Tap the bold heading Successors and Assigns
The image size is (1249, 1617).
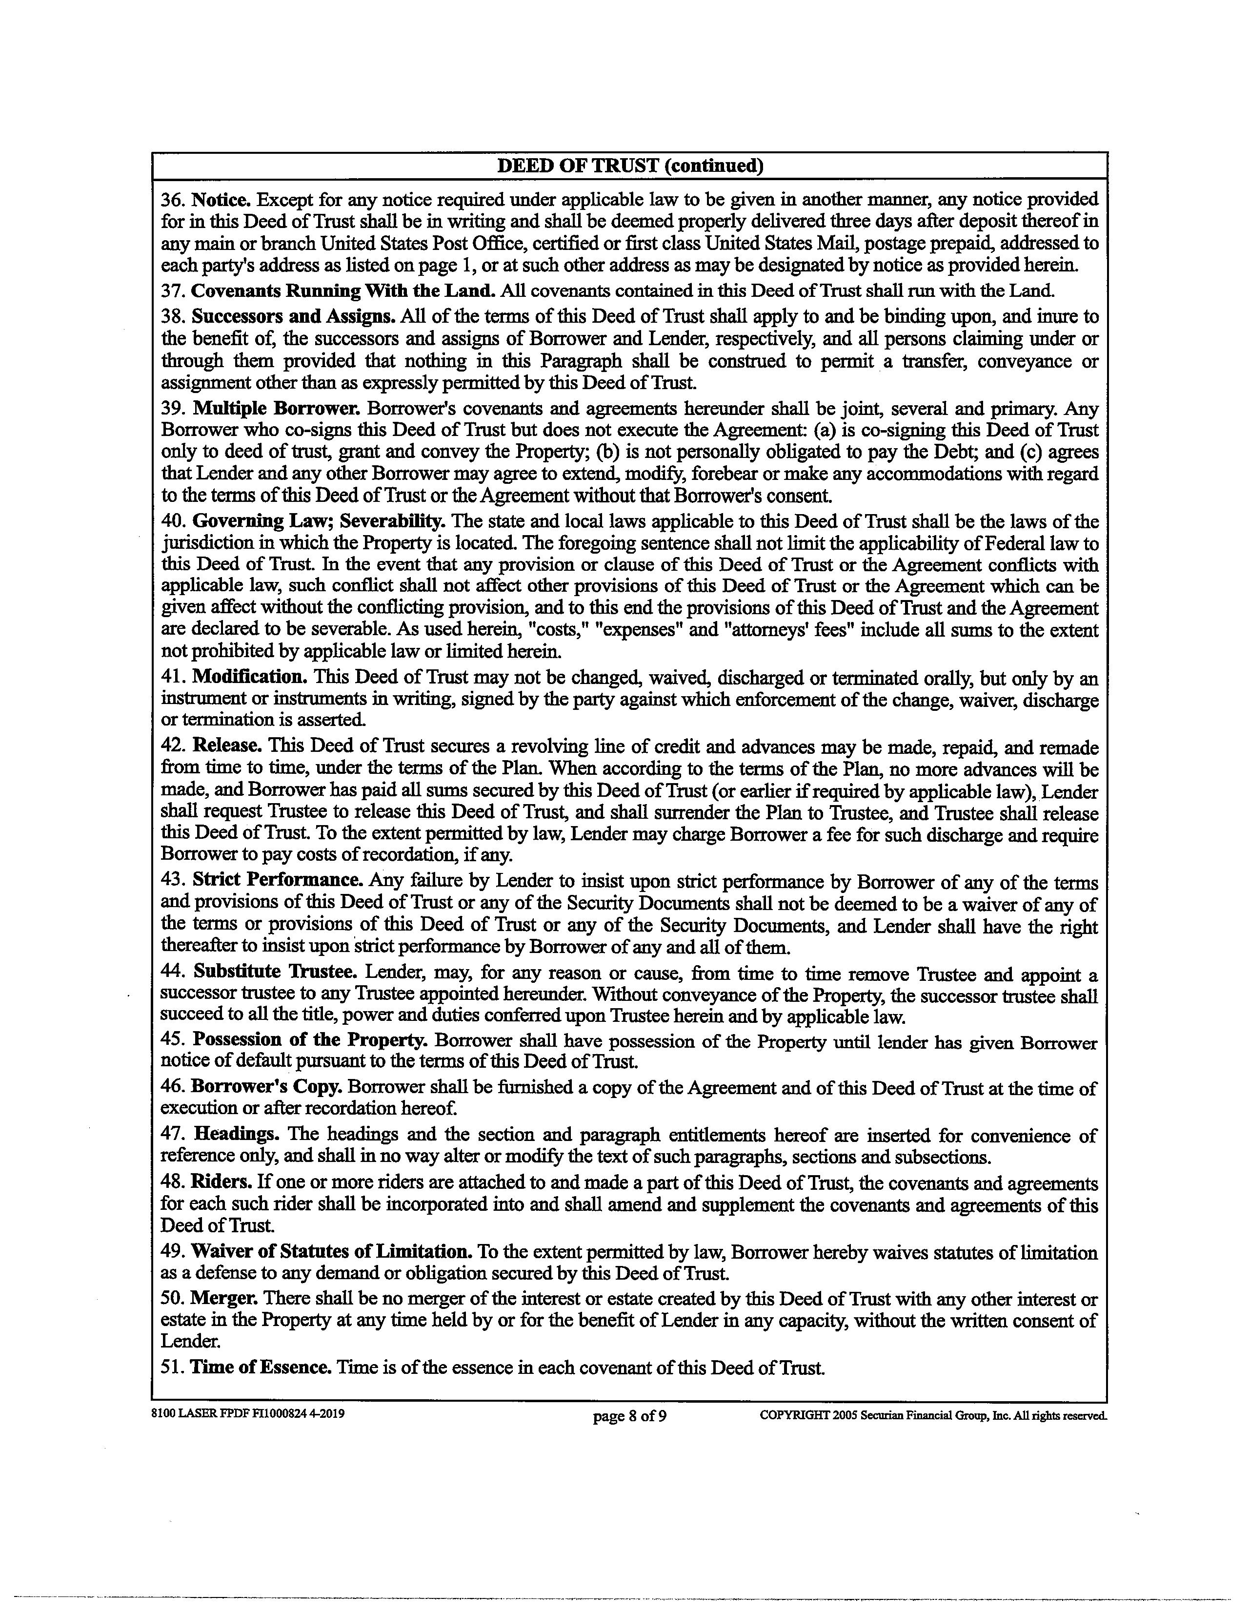[293, 317]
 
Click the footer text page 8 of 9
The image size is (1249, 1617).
[630, 1417]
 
